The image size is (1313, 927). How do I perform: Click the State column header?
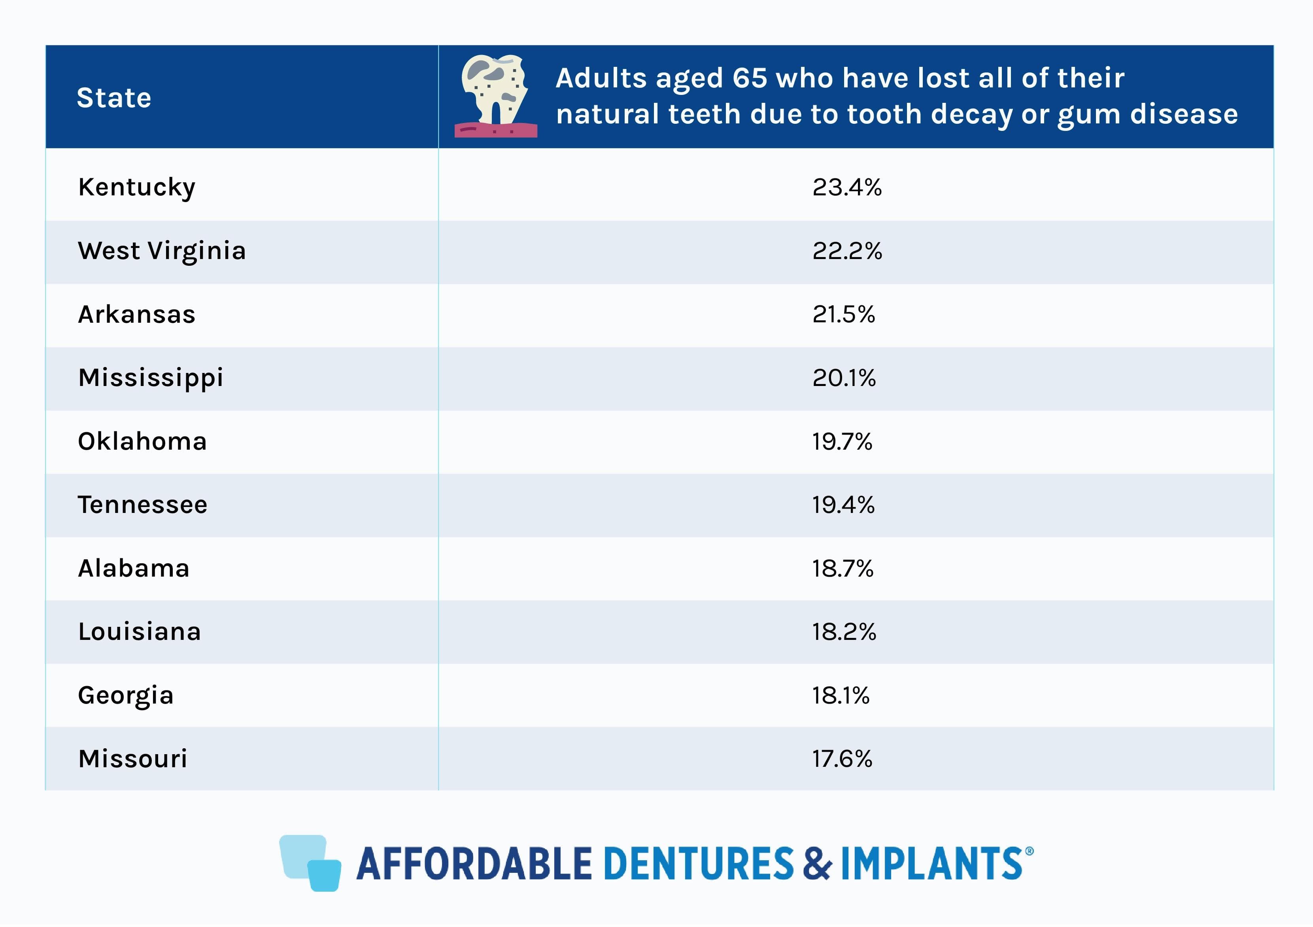[114, 98]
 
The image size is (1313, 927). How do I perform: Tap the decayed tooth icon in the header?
[495, 96]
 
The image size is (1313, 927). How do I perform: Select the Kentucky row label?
[137, 187]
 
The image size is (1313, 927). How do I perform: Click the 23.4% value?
[847, 187]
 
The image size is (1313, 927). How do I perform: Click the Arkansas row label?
[137, 314]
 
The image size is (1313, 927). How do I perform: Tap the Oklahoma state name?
[142, 441]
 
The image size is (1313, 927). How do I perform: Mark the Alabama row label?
[134, 568]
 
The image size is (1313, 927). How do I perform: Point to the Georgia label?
[126, 695]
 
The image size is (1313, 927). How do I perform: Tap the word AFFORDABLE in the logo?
[474, 863]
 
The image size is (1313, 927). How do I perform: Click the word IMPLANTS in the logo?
[931, 863]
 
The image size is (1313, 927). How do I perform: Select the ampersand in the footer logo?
[817, 863]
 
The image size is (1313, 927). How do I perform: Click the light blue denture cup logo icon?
[310, 863]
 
